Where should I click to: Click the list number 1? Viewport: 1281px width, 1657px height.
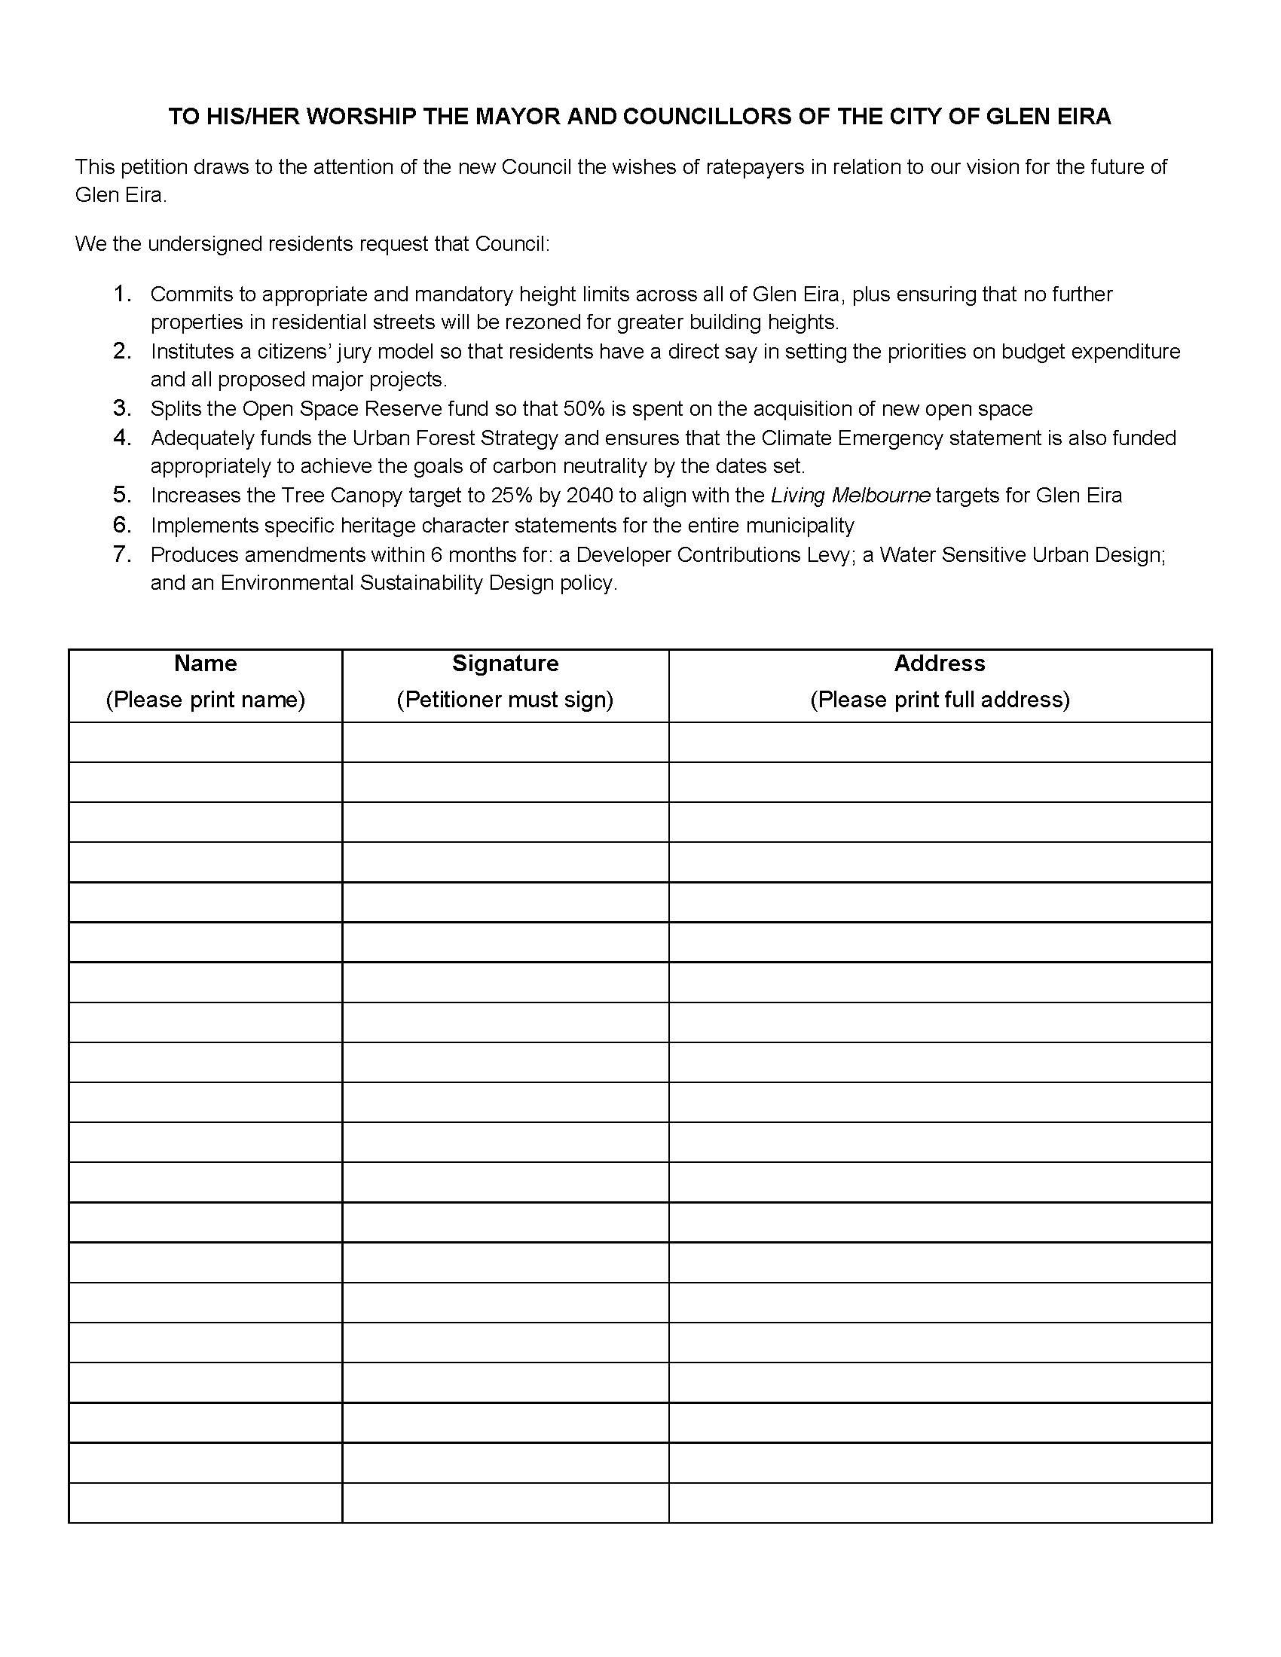coord(122,294)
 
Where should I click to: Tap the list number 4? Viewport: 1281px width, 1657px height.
coord(122,438)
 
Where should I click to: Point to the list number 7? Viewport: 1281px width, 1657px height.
coord(122,554)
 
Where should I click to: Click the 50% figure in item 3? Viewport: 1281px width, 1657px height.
coord(583,409)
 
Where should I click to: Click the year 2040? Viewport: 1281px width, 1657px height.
coord(590,496)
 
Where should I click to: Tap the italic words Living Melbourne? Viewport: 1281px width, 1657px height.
coord(850,496)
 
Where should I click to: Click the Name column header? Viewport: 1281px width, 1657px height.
coord(206,664)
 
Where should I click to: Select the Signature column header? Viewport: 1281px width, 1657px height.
coord(506,664)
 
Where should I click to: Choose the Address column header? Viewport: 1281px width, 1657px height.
coord(940,664)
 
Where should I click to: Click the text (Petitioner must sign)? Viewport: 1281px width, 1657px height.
coord(506,700)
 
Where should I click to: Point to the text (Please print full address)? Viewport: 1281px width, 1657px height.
coord(940,700)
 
